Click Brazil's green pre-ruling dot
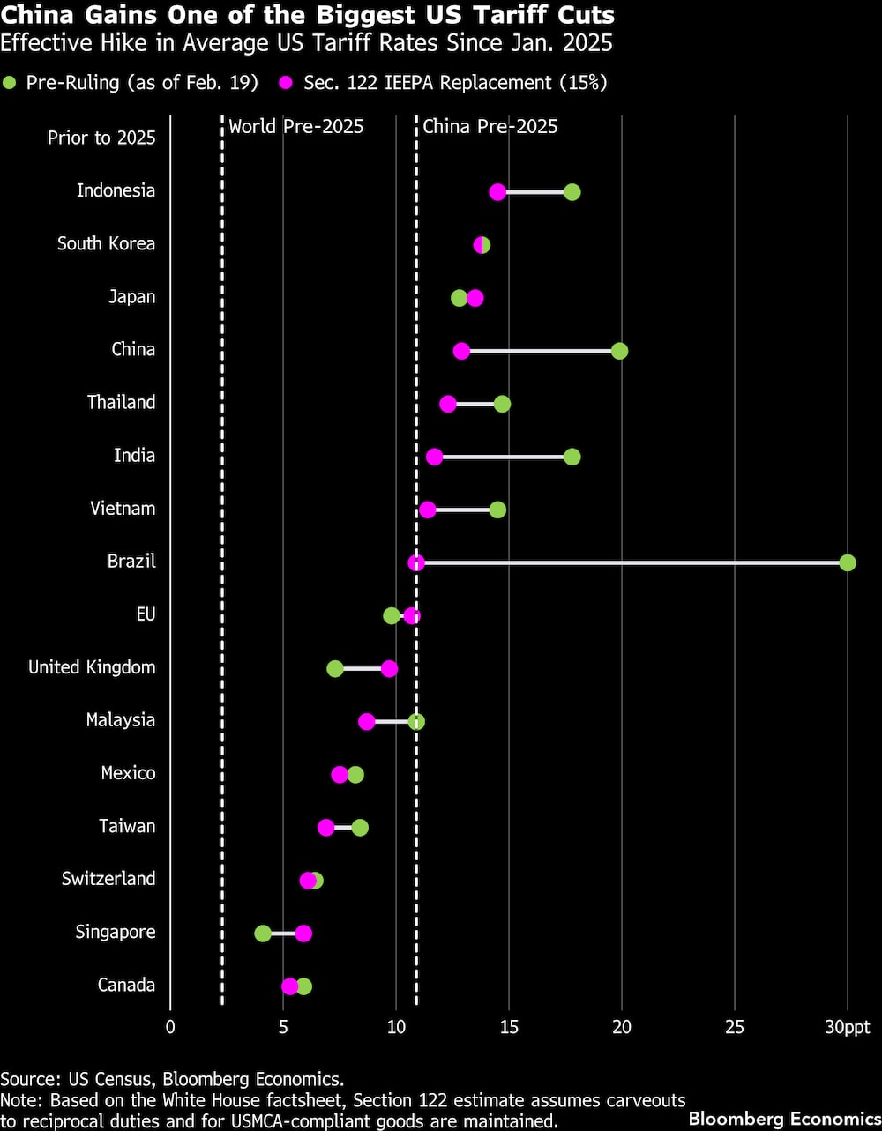848,562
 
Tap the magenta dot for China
461,351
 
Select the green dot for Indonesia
572,192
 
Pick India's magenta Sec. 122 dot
434,457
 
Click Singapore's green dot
263,934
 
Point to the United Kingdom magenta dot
389,668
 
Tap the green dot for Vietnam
497,510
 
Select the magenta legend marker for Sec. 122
287,83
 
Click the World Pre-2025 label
296,126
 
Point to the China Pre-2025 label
490,126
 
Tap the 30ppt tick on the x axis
847,1026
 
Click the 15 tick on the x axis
509,1026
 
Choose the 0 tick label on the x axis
170,1026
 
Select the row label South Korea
106,243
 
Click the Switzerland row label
108,878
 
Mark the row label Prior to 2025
101,138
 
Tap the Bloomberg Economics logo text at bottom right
783,1119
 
